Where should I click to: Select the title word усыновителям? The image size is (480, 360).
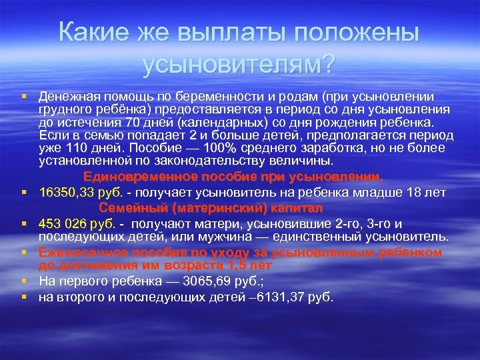coord(239,65)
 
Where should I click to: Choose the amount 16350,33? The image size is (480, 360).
coord(67,193)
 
